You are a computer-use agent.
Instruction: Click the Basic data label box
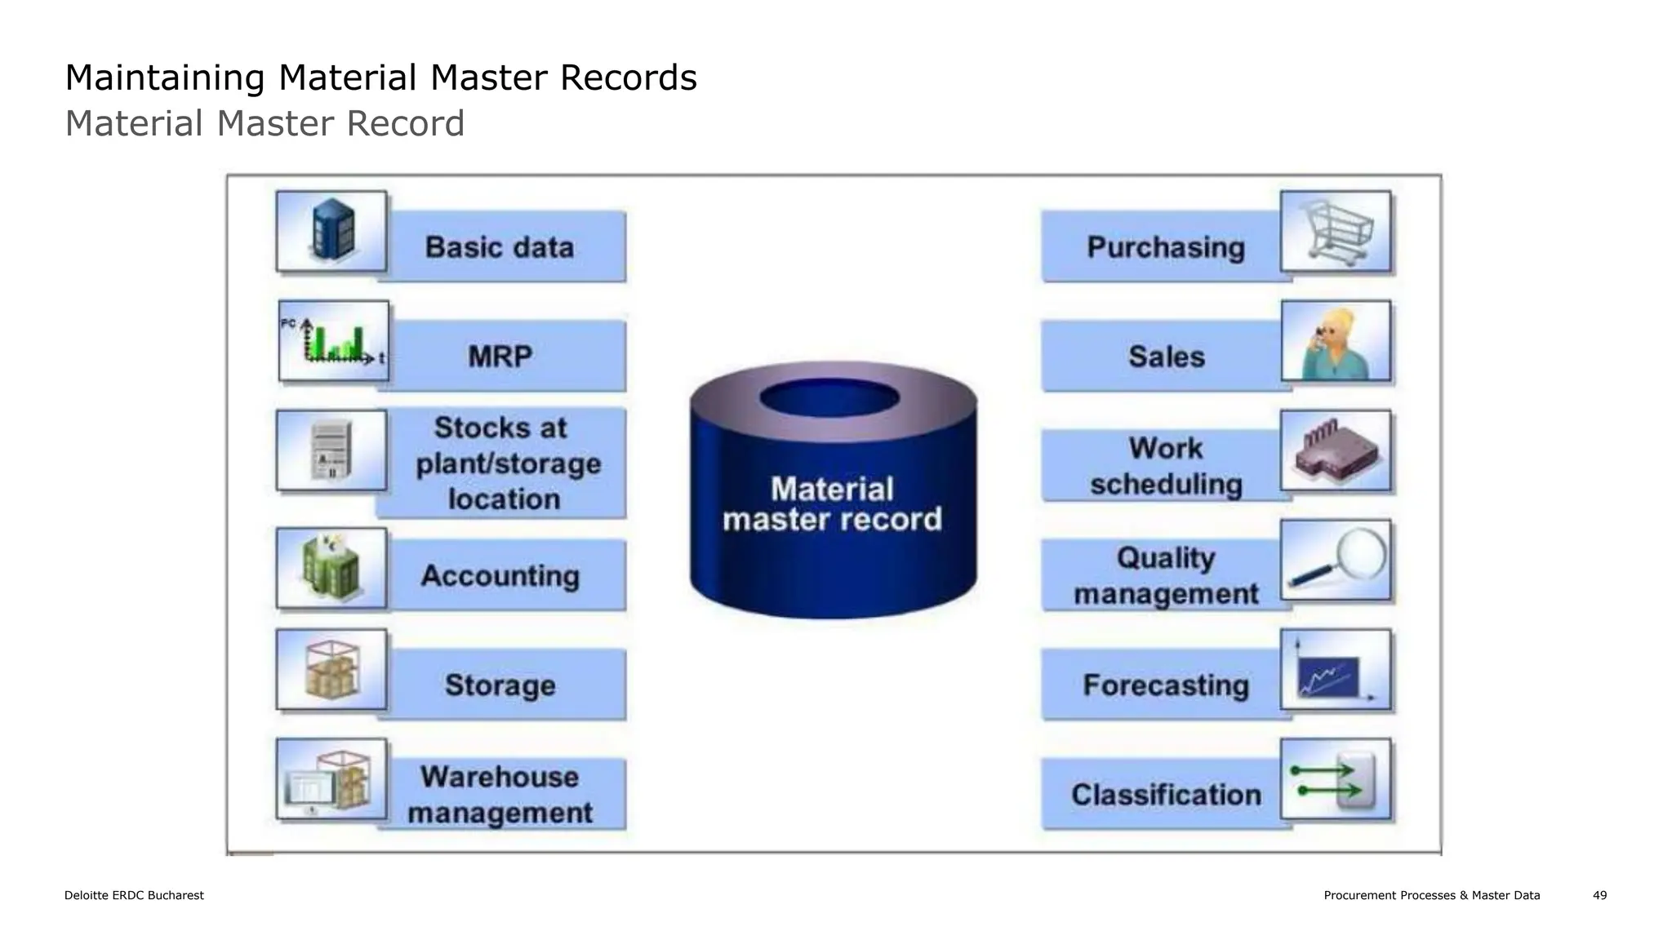(501, 247)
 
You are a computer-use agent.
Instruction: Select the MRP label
(501, 357)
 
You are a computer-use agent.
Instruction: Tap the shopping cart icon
(1335, 232)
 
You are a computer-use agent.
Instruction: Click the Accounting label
(501, 576)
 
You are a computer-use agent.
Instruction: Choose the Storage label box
(501, 685)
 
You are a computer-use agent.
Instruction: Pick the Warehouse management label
(501, 794)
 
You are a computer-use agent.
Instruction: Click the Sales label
(1166, 357)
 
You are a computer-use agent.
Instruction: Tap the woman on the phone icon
(1335, 342)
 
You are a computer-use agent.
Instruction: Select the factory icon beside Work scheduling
(1335, 451)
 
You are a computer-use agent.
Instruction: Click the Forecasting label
(1166, 685)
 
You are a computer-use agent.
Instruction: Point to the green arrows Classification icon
(1335, 780)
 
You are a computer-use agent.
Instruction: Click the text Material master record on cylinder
(832, 504)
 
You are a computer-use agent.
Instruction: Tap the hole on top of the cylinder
(829, 398)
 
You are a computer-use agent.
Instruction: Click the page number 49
(1599, 895)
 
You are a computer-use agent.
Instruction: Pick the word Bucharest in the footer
(176, 895)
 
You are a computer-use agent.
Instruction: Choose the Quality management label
(1166, 576)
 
